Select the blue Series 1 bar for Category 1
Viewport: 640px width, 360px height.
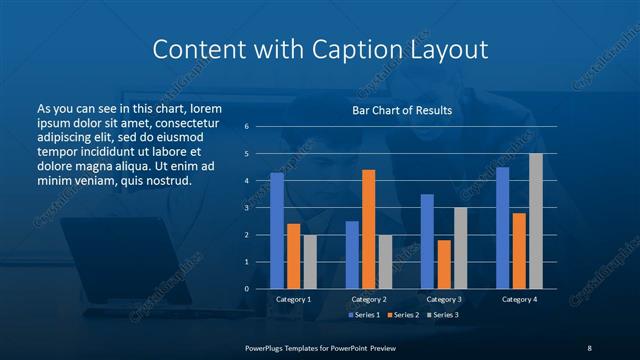click(x=277, y=230)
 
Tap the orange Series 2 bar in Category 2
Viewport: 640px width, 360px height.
click(x=368, y=229)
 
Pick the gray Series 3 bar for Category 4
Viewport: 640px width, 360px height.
click(x=536, y=221)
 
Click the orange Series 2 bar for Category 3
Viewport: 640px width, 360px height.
click(x=444, y=264)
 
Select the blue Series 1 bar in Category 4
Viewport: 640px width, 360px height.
click(x=503, y=228)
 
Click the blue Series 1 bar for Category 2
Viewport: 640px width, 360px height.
click(x=352, y=254)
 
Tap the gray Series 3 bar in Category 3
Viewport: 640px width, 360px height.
click(x=460, y=248)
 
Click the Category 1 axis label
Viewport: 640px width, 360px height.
click(x=293, y=299)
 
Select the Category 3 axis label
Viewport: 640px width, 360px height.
click(x=443, y=299)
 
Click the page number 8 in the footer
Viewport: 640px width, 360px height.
click(x=589, y=347)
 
